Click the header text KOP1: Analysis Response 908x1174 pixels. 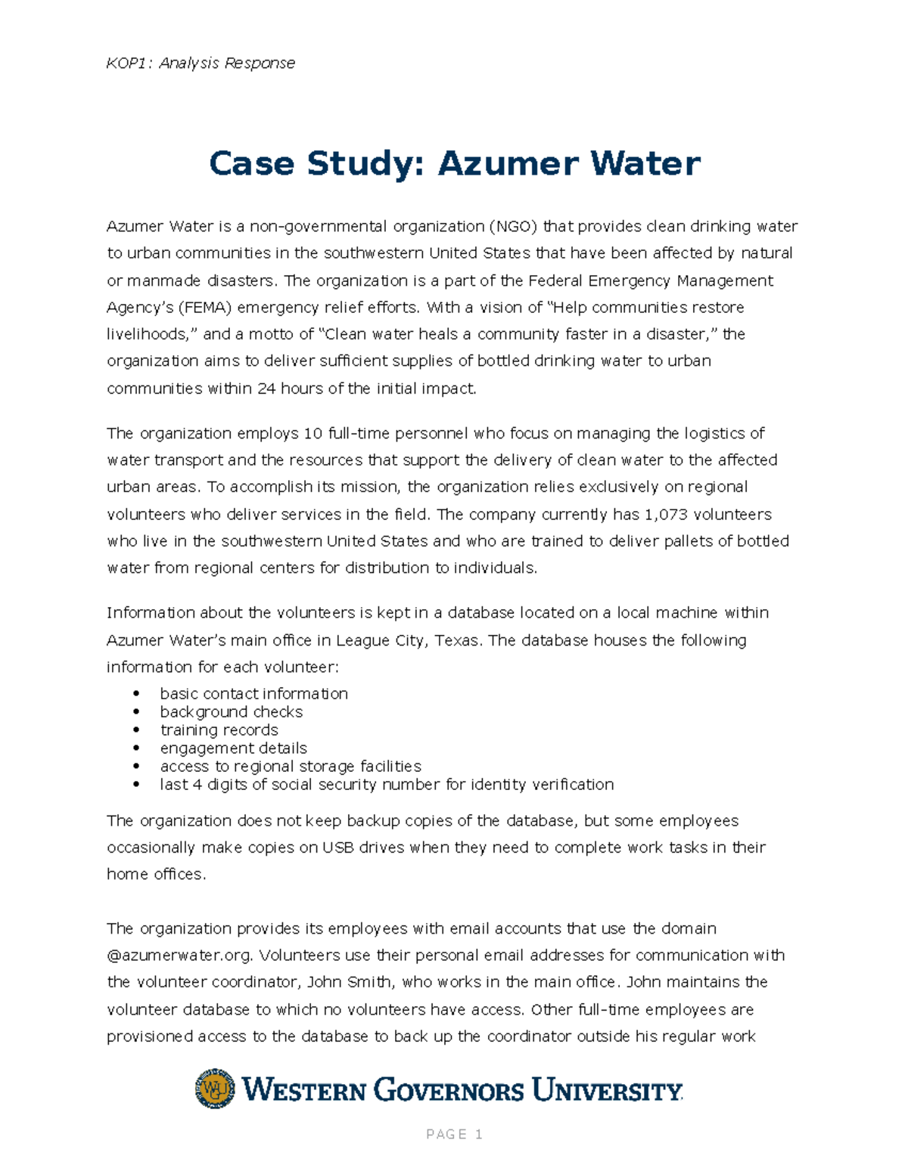coord(201,63)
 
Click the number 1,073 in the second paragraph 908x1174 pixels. coord(666,515)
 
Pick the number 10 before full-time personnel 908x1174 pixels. coord(313,434)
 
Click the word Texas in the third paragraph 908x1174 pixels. coord(458,641)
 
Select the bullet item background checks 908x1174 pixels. coord(231,712)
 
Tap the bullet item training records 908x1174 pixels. coord(219,730)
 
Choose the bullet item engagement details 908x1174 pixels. coord(233,748)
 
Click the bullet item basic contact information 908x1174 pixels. coord(253,694)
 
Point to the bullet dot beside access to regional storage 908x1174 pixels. coord(136,767)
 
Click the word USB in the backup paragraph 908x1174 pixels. coord(338,848)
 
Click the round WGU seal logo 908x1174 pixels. coord(215,1089)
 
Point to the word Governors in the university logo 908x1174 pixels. coord(449,1091)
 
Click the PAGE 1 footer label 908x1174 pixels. coord(454,1134)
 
